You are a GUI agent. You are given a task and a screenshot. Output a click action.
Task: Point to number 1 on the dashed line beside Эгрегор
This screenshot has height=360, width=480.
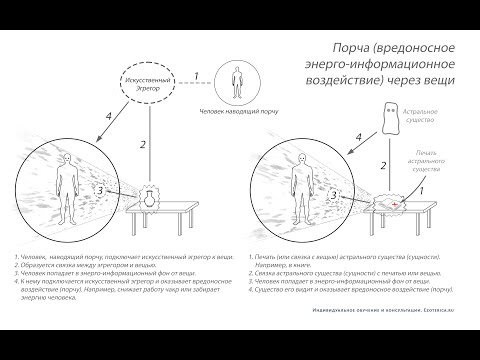198,75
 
